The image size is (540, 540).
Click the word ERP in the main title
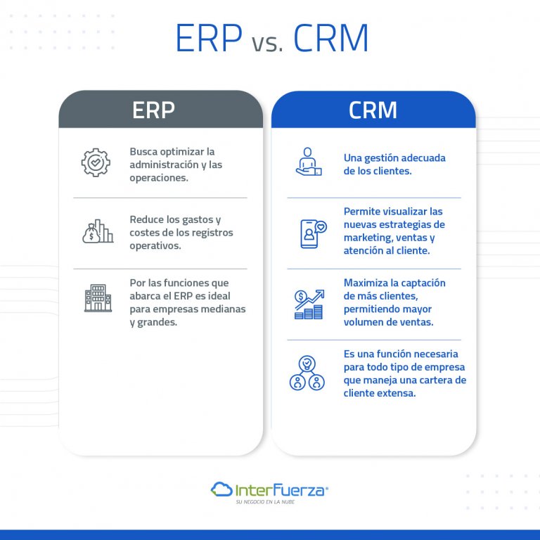(x=208, y=39)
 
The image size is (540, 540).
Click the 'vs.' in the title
(x=267, y=44)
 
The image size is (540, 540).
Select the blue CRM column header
(x=373, y=110)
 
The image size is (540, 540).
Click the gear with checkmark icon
(x=96, y=162)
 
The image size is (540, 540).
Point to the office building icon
(x=98, y=297)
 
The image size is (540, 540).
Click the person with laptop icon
(x=308, y=162)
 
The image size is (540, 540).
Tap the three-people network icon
(x=307, y=373)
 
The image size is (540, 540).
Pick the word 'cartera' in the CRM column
(x=435, y=380)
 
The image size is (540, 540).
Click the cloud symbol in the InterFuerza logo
(x=221, y=489)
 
